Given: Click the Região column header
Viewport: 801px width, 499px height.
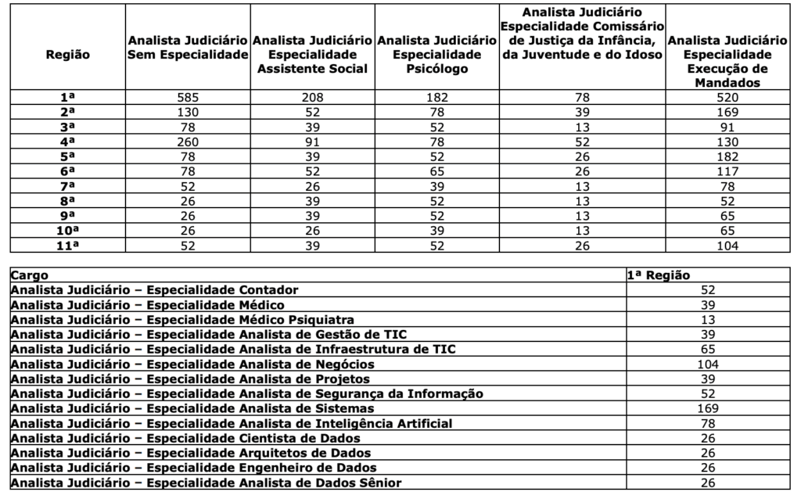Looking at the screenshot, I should click(68, 55).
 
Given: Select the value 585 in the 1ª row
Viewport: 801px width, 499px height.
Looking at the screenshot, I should click(188, 97).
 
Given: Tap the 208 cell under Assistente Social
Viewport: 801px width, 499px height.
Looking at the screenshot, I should click(313, 97).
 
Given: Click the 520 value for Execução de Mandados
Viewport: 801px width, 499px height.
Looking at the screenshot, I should click(727, 97).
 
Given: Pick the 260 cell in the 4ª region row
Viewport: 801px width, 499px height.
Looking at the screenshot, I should click(188, 142).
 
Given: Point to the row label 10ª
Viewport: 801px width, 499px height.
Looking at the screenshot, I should click(68, 231).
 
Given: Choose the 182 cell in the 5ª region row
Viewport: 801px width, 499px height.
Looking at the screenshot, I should click(727, 156).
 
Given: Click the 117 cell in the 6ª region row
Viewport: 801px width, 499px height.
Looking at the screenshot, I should click(727, 171).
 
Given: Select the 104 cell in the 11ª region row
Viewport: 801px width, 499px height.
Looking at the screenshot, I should click(727, 246).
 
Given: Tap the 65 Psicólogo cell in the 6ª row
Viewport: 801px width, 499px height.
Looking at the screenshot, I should click(436, 171).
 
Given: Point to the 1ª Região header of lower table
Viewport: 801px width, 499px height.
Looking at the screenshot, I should click(659, 275).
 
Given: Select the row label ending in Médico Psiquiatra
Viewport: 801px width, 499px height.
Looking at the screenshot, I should click(183, 320).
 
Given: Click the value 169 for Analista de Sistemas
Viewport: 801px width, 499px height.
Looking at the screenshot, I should click(707, 408).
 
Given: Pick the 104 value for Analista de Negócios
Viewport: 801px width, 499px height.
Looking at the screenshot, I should click(707, 364).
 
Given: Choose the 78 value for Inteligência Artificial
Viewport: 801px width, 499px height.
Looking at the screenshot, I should click(707, 423).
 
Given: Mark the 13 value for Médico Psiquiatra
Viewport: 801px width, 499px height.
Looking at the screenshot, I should click(707, 320).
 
